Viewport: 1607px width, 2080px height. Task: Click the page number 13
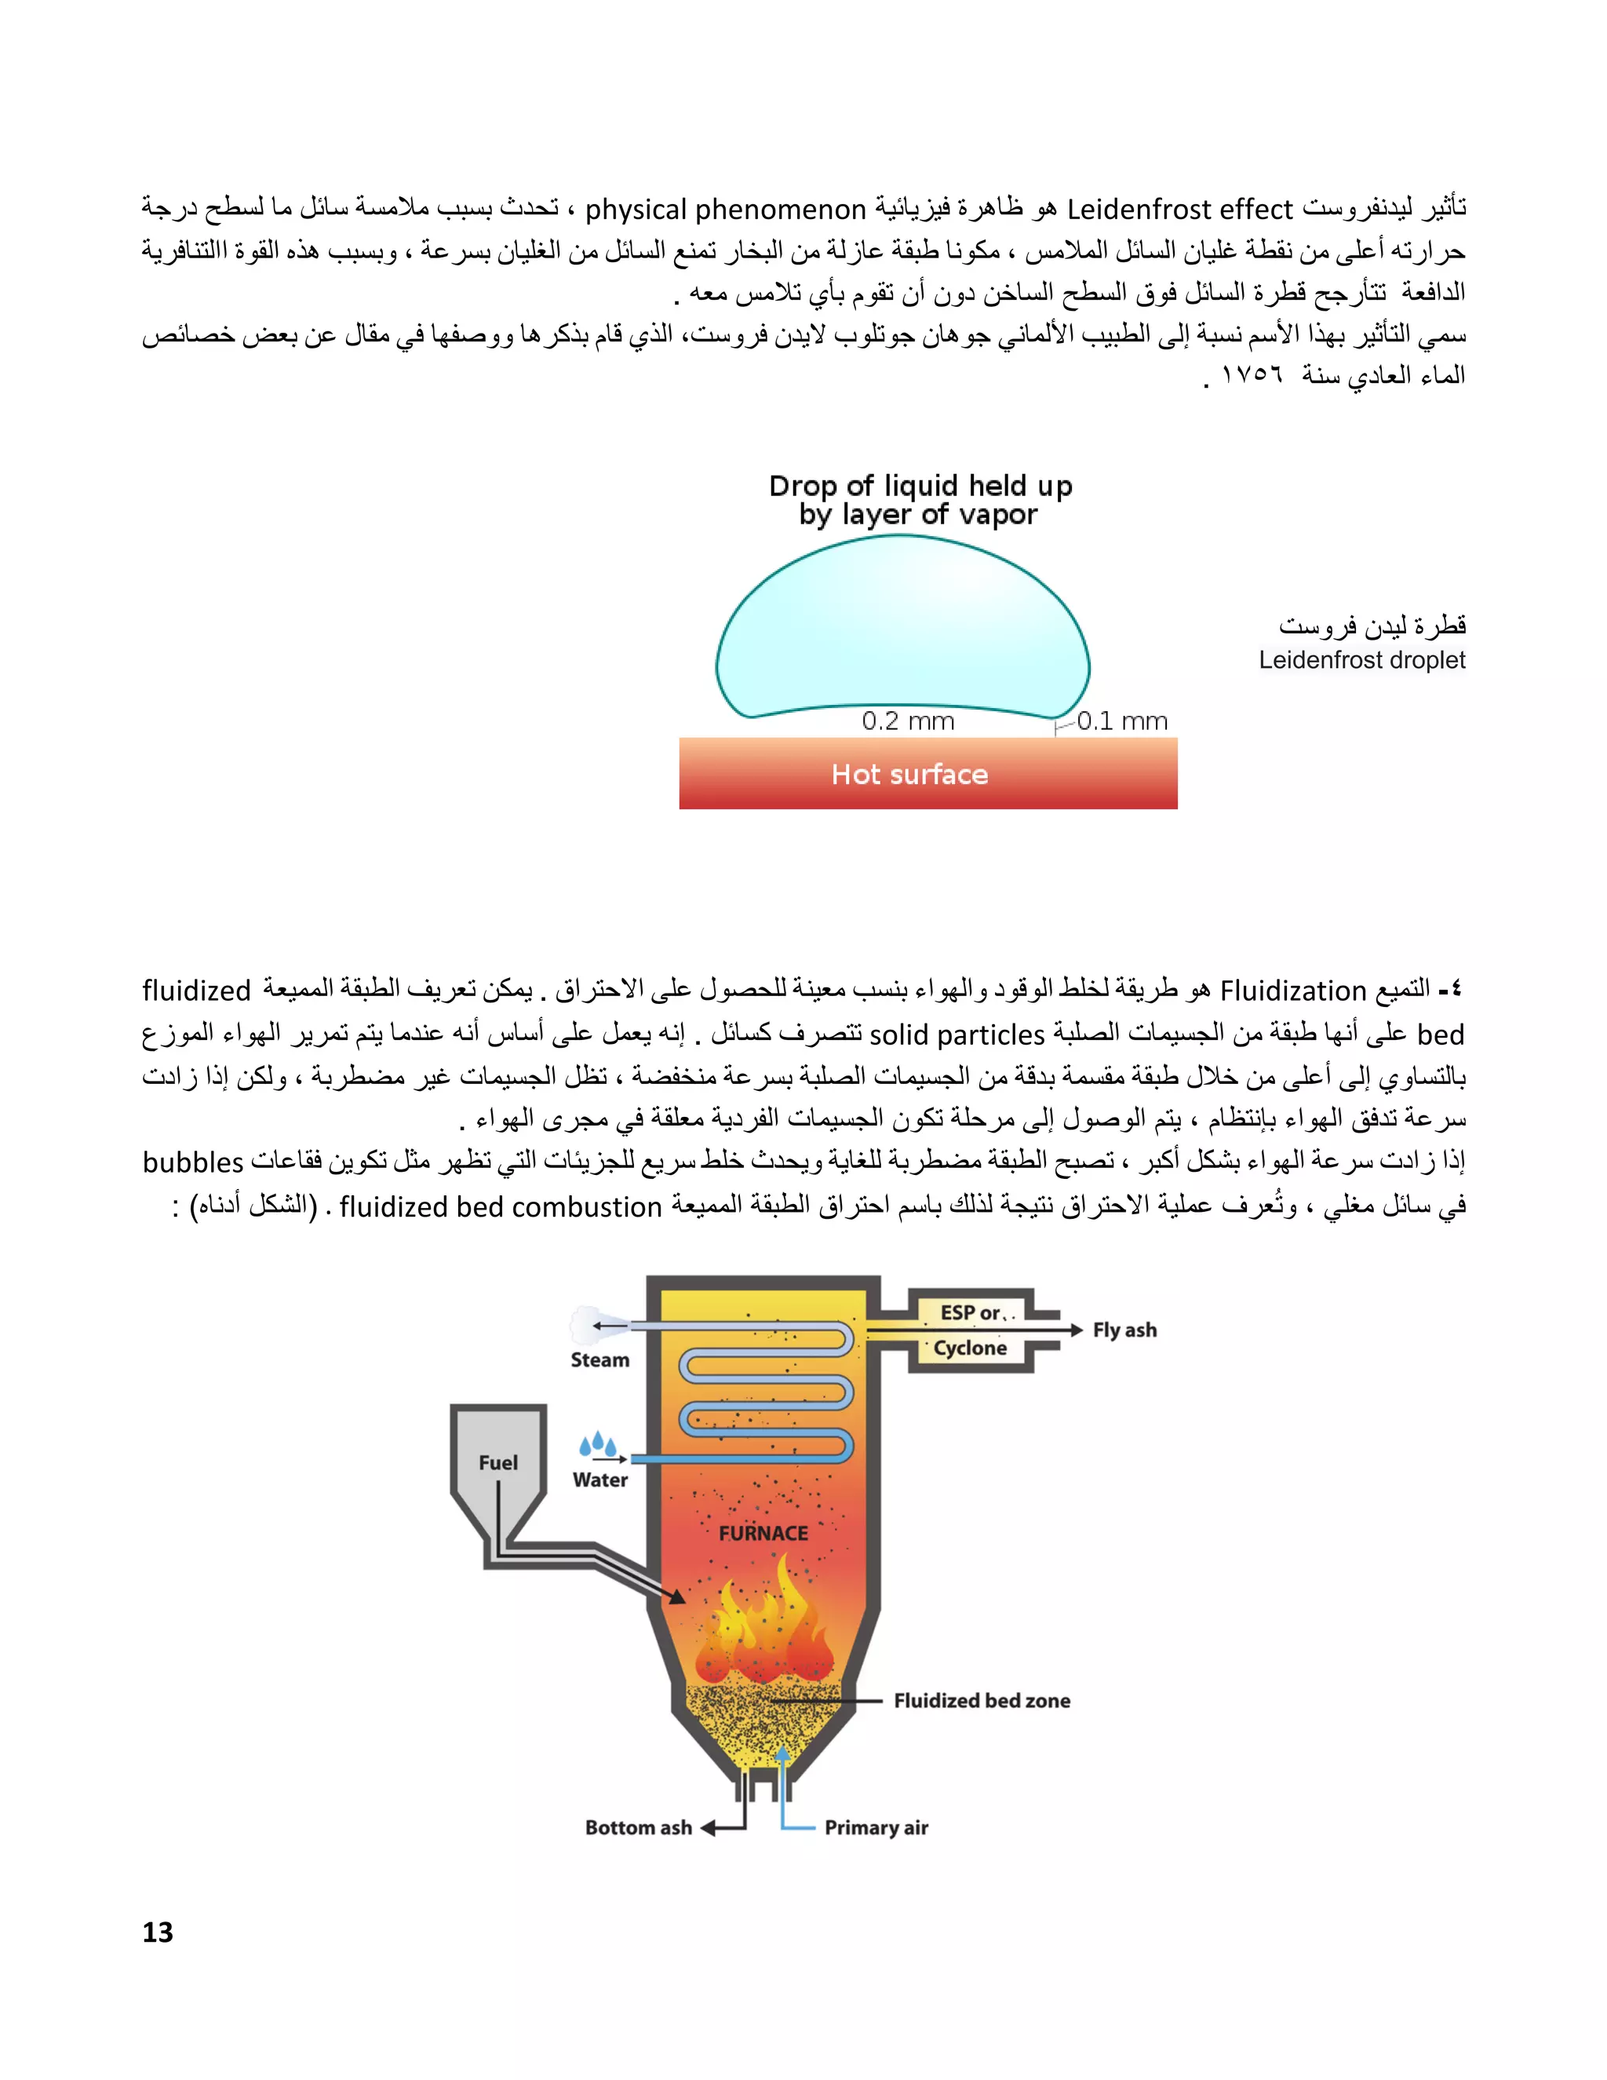[158, 1932]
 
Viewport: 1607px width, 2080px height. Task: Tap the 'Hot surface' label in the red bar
[909, 774]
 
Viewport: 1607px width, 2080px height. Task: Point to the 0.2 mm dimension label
[908, 721]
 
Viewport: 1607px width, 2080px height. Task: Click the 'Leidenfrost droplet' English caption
[1361, 660]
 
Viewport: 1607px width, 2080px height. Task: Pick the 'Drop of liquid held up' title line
[920, 486]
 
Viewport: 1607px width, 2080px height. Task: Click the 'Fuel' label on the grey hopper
[498, 1463]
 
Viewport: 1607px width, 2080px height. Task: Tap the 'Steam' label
[599, 1360]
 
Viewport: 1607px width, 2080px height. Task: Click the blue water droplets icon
[598, 1445]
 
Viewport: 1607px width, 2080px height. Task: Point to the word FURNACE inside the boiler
[763, 1534]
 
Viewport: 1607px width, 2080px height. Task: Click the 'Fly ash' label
[1124, 1330]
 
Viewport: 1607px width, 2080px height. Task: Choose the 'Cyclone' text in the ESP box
[969, 1348]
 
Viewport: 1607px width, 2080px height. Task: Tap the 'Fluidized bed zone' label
[982, 1701]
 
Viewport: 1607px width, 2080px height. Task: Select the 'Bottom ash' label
[638, 1827]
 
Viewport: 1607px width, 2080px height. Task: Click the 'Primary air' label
[876, 1827]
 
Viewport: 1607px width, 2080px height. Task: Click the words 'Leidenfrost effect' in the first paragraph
[1179, 209]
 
